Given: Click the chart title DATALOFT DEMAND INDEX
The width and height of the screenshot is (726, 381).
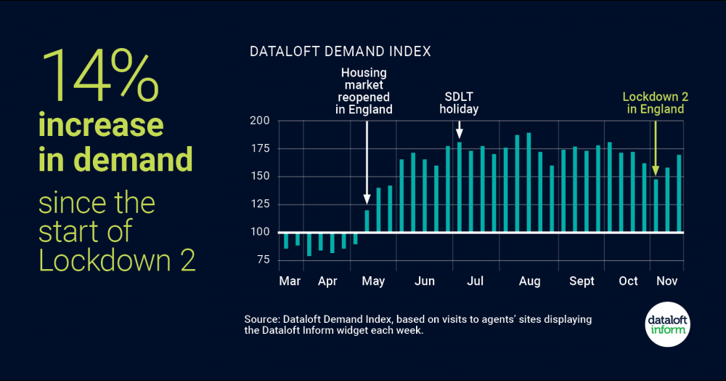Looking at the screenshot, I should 340,52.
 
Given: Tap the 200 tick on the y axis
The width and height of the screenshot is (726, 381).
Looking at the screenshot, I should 260,121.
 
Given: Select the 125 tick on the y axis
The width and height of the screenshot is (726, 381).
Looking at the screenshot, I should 260,204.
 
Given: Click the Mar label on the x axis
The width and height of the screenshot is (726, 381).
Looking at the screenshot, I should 289,281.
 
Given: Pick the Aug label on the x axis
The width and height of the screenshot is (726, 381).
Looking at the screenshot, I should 529,281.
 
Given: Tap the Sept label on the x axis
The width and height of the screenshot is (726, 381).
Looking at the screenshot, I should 582,281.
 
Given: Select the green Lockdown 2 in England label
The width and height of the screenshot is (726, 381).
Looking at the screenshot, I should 653,103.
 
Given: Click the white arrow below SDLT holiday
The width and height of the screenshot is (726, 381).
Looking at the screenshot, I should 459,129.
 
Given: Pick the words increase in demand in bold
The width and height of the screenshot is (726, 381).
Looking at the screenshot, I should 115,142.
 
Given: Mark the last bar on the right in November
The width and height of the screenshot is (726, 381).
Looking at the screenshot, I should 680,193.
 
